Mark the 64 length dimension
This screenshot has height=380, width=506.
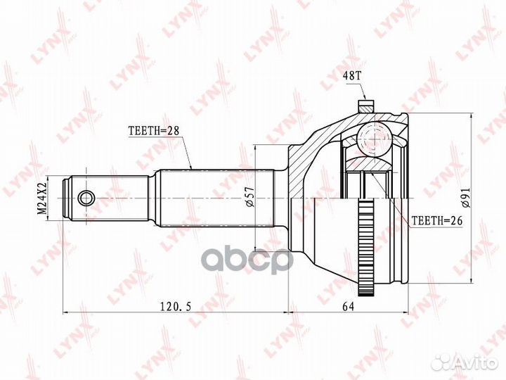[x=347, y=307]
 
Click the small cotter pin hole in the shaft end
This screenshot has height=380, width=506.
[x=86, y=197]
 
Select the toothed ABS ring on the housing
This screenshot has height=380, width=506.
[x=365, y=246]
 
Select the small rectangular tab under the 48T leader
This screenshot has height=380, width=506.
[x=365, y=107]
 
